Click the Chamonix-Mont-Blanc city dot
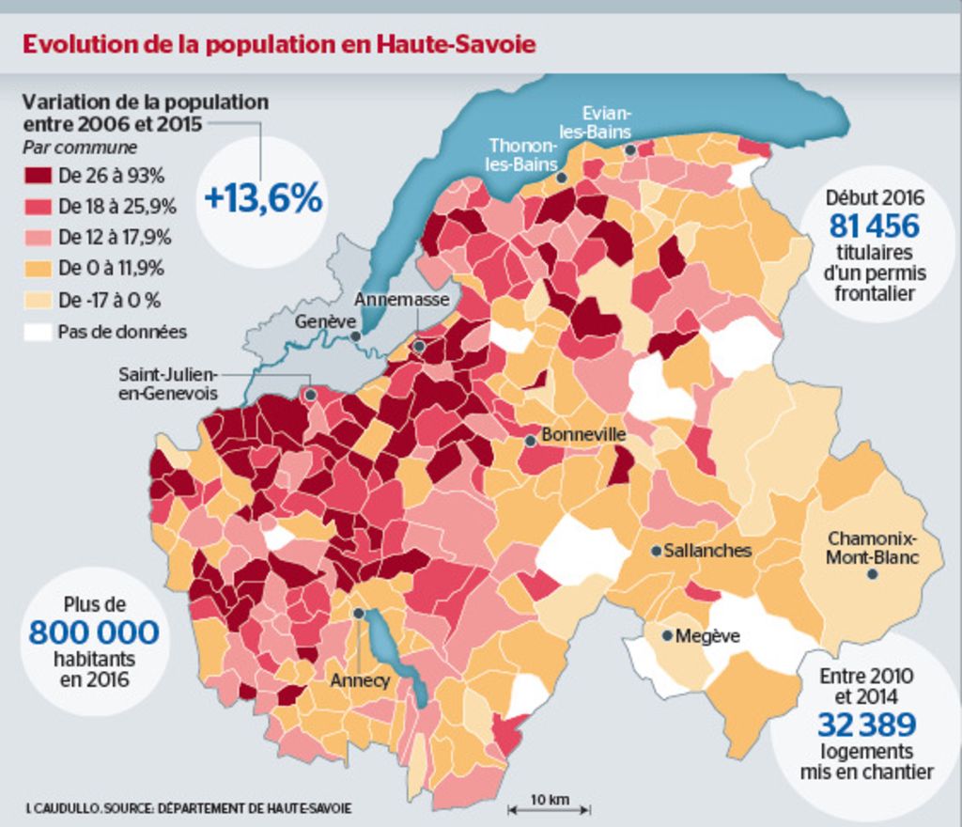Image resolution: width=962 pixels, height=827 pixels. pyautogui.click(x=872, y=573)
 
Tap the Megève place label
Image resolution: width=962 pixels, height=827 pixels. pyautogui.click(x=707, y=636)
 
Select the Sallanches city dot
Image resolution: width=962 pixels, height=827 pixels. pyautogui.click(x=656, y=551)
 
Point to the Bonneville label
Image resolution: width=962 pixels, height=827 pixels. pyautogui.click(x=583, y=436)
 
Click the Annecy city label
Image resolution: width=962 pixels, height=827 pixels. pyautogui.click(x=360, y=679)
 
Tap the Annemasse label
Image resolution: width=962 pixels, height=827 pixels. pyautogui.click(x=401, y=300)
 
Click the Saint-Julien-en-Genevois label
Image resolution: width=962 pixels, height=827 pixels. pyautogui.click(x=168, y=383)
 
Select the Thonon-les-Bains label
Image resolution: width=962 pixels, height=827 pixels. pyautogui.click(x=522, y=154)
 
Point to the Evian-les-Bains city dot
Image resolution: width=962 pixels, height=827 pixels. pyautogui.click(x=630, y=149)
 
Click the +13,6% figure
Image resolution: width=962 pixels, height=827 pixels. pyautogui.click(x=263, y=199)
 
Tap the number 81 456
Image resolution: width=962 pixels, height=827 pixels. pyautogui.click(x=874, y=226)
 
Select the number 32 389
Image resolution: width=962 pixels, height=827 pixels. pyautogui.click(x=866, y=725)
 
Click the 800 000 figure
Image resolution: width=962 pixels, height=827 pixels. pyautogui.click(x=94, y=632)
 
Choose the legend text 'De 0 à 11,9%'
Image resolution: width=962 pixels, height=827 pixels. pyautogui.click(x=111, y=269)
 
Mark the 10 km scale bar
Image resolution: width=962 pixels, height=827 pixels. pyautogui.click(x=550, y=807)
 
